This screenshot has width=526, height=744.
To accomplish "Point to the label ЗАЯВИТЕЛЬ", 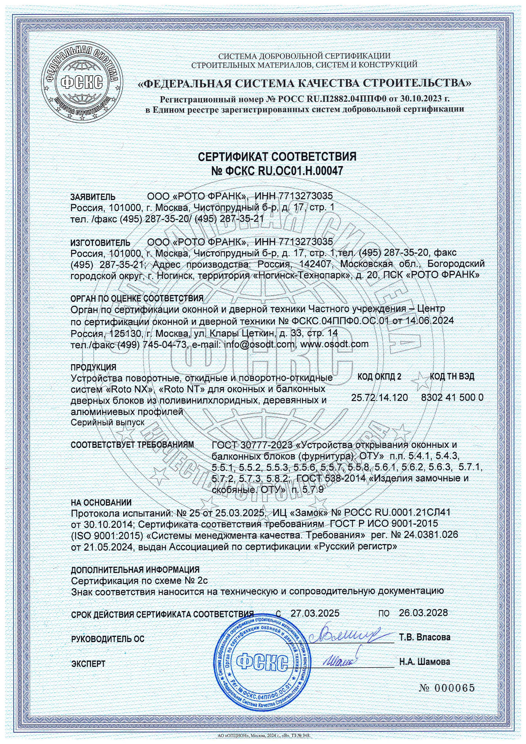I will [x=93, y=197].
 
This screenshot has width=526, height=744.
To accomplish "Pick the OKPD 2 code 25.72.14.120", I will [x=379, y=397].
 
